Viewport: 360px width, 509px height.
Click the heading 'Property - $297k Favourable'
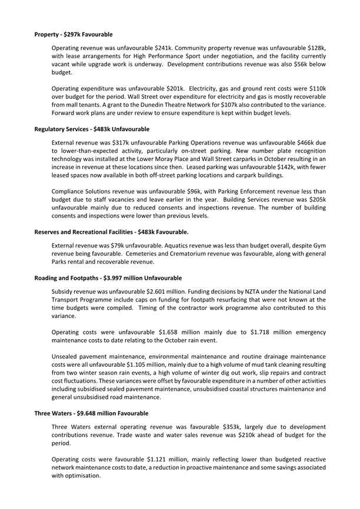click(73, 35)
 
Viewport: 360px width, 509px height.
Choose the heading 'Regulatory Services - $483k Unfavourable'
click(92, 129)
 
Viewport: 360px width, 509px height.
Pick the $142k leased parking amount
click(267, 168)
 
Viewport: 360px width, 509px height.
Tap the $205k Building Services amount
click(315, 199)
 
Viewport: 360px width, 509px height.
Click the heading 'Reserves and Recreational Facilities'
click(111, 232)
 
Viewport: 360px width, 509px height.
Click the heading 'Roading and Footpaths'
click(108, 277)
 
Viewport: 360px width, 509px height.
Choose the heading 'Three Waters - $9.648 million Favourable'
click(91, 413)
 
